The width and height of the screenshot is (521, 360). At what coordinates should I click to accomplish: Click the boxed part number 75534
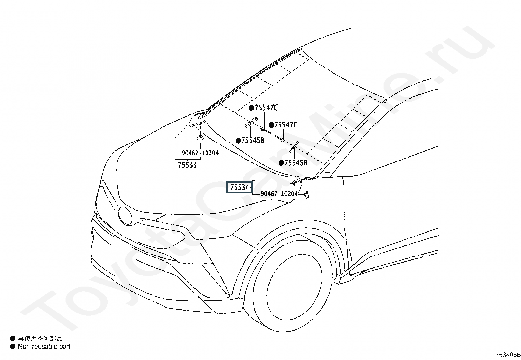240,187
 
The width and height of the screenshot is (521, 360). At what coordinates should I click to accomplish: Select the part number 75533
187,165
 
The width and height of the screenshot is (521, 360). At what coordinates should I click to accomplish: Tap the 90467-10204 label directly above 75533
200,153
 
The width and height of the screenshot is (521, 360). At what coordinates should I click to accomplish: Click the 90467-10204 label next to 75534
279,194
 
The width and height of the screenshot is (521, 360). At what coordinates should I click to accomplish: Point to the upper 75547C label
266,108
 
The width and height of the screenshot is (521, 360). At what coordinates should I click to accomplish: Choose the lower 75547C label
286,125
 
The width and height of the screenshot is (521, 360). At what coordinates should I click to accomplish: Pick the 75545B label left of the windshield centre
253,141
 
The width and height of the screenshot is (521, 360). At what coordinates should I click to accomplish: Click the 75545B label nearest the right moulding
296,163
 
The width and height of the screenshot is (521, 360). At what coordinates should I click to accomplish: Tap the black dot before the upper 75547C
251,108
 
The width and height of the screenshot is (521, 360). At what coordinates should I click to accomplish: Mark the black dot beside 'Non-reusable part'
13,346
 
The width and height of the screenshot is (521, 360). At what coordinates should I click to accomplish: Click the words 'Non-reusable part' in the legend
44,346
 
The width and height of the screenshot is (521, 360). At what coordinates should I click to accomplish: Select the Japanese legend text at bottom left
40,339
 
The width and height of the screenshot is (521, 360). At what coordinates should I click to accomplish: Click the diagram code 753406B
508,355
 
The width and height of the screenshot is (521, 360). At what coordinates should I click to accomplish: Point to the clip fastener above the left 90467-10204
200,139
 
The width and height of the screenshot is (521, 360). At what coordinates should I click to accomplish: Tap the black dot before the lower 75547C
271,125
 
